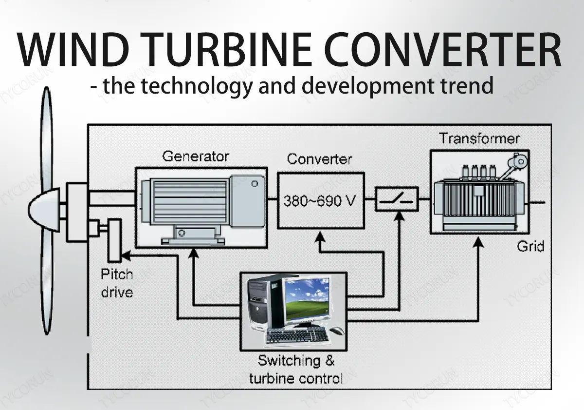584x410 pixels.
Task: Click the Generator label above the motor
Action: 195,156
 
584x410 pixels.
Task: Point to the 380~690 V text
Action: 319,201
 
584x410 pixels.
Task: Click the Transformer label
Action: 479,139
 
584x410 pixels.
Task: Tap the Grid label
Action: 530,246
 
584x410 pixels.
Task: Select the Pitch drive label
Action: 116,283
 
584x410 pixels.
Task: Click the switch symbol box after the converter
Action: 397,199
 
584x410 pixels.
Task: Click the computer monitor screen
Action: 307,299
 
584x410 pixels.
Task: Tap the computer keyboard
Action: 297,335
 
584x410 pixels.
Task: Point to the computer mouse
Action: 337,331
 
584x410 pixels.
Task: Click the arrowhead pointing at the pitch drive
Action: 125,255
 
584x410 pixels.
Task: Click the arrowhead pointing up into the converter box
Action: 320,236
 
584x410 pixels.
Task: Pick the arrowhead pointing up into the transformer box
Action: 479,238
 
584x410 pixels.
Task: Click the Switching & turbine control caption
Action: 296,369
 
